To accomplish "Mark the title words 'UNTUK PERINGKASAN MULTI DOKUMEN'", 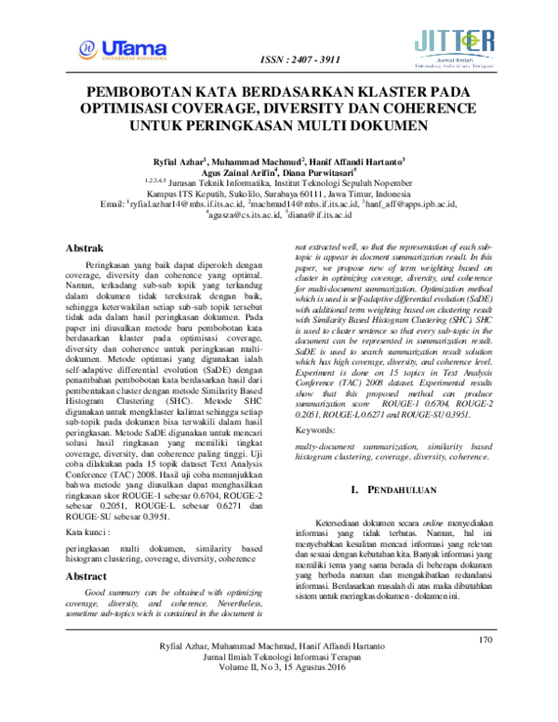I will coord(279,123).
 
